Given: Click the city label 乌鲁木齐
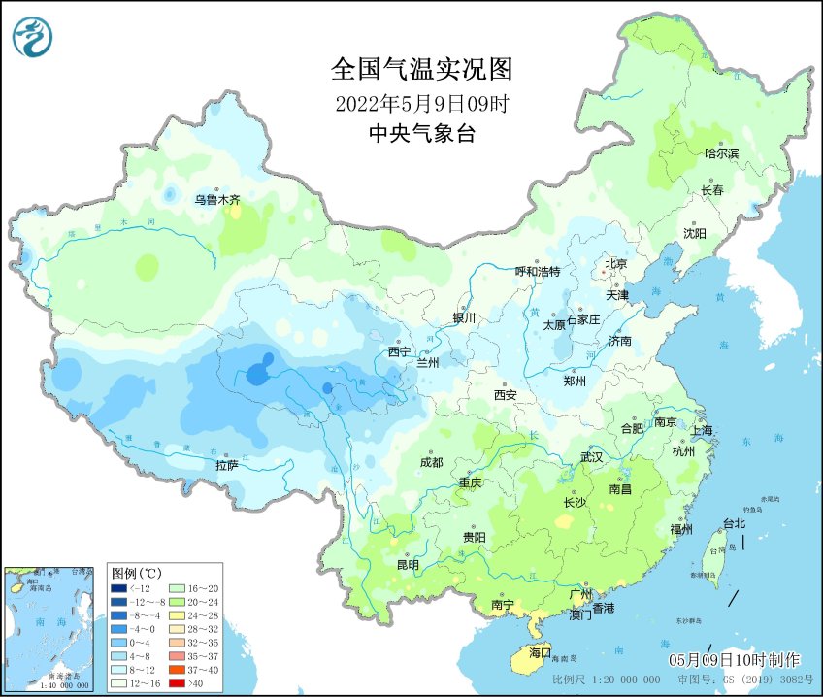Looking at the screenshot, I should (x=216, y=200).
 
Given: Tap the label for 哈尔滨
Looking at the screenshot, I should (x=721, y=154).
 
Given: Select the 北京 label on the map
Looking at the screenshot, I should (x=616, y=263).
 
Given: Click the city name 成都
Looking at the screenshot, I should (x=432, y=462).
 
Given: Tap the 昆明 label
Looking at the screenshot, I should (x=408, y=564).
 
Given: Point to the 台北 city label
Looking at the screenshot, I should (x=734, y=523).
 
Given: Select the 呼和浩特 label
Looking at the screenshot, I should (x=537, y=272).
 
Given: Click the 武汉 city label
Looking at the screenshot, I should (x=591, y=456).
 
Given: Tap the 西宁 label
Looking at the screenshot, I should (x=399, y=351).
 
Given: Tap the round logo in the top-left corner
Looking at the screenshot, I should (x=33, y=37).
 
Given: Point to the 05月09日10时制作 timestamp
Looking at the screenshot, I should (x=734, y=660).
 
